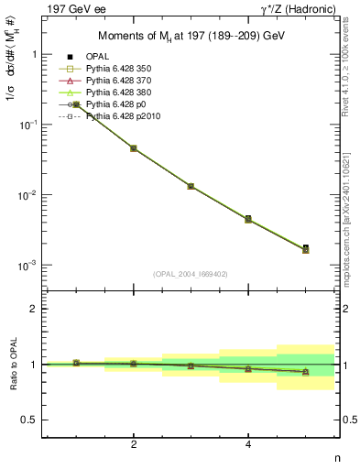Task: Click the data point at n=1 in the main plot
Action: [x=76, y=104]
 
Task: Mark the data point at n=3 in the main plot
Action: [x=191, y=186]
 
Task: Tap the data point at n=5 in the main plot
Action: [x=305, y=247]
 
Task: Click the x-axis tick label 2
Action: [x=134, y=444]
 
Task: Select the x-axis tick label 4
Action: [x=248, y=444]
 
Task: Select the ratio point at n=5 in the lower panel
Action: [x=305, y=372]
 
